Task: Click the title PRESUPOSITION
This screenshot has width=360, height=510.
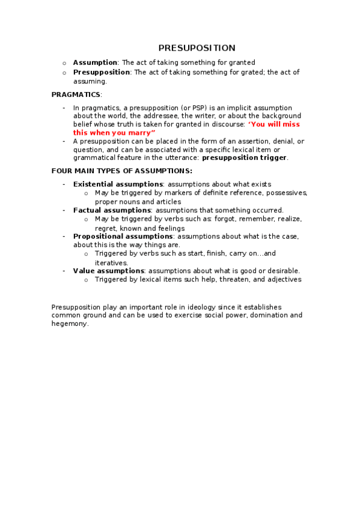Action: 197,48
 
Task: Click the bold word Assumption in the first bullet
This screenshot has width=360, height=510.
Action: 95,63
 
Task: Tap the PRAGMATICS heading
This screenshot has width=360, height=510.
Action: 76,94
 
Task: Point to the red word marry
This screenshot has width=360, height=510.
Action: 143,132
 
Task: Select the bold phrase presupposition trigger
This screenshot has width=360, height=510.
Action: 245,158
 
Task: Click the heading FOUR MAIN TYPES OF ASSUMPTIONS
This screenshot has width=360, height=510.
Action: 121,171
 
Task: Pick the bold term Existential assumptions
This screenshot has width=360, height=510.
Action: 118,184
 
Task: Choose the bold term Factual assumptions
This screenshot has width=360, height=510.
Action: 112,210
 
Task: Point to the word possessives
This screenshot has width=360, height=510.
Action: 287,193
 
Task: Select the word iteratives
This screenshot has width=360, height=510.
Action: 111,263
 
